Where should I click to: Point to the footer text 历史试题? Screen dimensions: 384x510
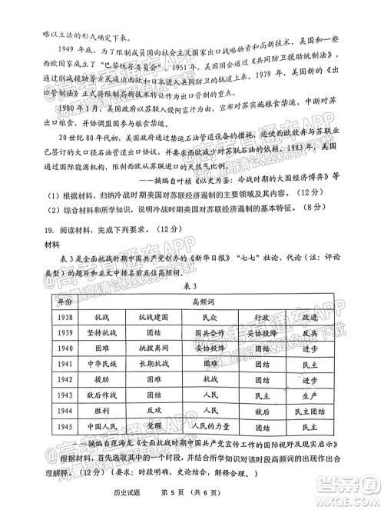132,497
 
